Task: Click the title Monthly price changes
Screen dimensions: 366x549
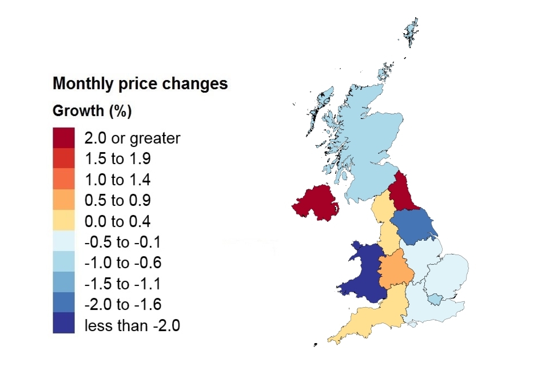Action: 140,83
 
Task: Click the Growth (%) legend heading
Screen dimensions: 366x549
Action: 92,111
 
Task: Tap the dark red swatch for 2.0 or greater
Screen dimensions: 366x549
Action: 63,138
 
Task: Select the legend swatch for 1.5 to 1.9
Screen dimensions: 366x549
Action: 63,159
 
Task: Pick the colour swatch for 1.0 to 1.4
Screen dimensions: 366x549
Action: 63,180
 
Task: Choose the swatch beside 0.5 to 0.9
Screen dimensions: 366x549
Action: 63,200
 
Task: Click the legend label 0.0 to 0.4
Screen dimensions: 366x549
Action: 117,221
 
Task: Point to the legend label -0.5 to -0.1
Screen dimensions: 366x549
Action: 122,242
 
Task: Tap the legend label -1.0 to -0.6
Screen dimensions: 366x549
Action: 122,262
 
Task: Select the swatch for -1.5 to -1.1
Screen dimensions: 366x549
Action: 63,283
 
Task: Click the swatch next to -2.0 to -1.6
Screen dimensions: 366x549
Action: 63,304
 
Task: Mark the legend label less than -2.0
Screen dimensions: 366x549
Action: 132,325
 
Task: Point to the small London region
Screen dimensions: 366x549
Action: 436,299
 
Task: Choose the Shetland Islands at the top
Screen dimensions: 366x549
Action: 411,31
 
